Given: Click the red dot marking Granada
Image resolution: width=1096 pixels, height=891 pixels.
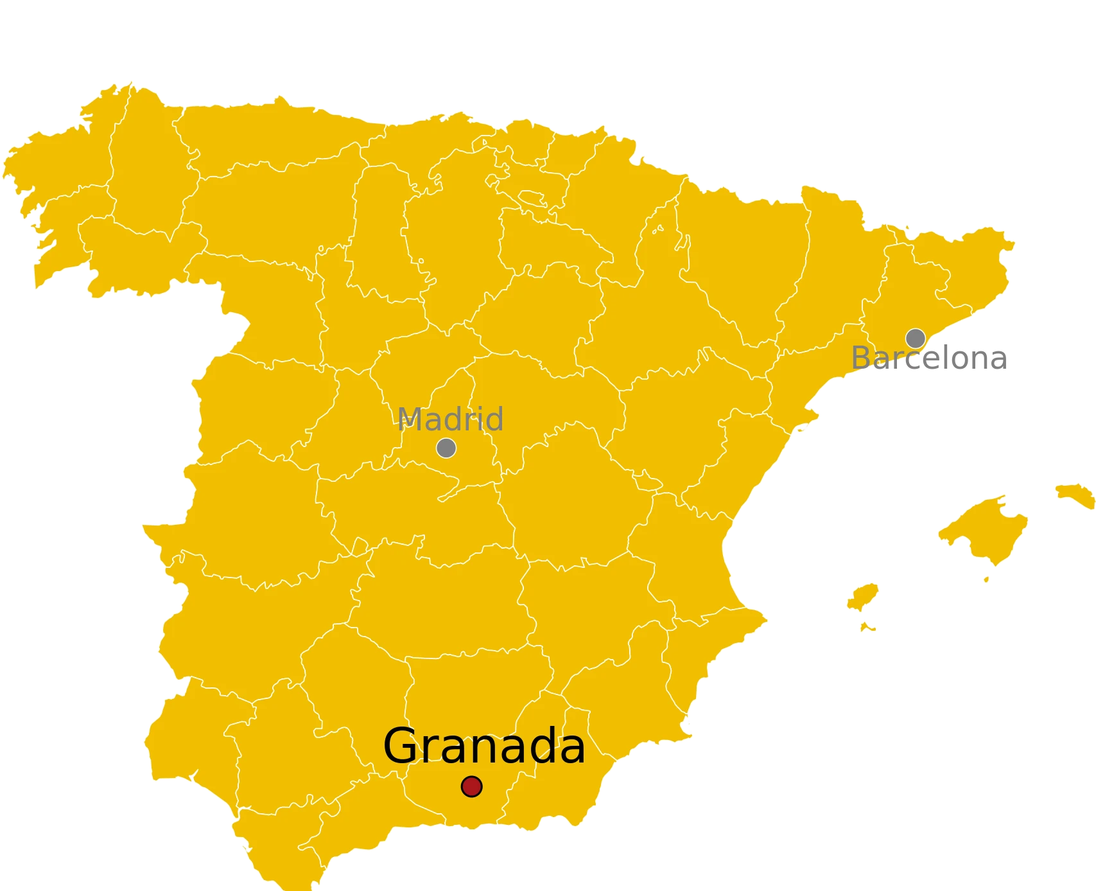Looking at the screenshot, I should [471, 786].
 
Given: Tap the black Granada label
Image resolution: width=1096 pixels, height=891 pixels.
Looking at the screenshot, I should [483, 746].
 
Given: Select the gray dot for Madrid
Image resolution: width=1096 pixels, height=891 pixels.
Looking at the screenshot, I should [446, 448].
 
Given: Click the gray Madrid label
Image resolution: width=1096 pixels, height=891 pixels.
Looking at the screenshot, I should [450, 419].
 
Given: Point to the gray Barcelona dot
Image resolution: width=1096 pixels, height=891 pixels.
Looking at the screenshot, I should [915, 338].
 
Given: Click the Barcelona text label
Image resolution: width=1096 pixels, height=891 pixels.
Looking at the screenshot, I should [928, 358].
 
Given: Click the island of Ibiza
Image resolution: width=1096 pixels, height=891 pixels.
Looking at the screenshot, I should [862, 597].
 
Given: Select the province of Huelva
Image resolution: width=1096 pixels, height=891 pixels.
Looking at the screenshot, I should [193, 726].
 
